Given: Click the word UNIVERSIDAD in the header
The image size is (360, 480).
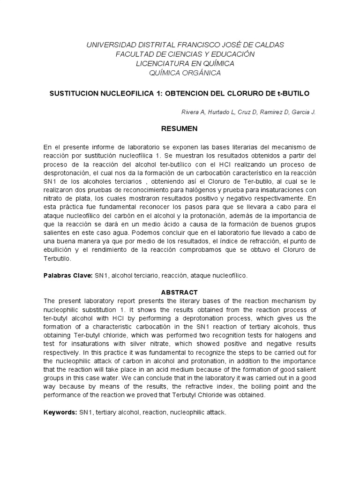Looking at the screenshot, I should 107,45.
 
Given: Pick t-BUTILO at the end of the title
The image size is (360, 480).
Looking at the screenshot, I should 294,93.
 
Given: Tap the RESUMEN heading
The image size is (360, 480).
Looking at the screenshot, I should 180,128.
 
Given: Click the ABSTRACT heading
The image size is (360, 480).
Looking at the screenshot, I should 180,292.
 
